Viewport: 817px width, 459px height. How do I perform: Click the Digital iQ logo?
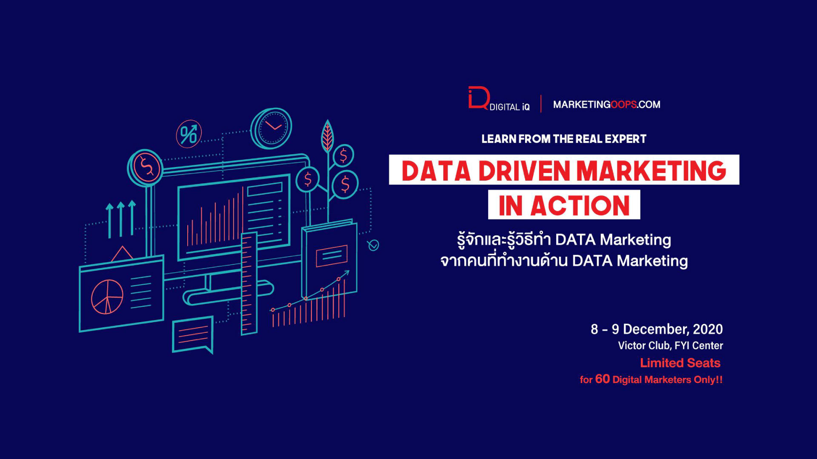pos(499,99)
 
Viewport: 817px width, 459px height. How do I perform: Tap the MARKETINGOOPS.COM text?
pos(606,105)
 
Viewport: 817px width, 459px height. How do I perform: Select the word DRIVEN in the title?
pos(524,171)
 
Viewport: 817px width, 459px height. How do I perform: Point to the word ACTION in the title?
pos(580,206)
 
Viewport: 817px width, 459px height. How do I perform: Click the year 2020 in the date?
pos(708,329)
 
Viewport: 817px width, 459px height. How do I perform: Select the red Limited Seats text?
pos(680,363)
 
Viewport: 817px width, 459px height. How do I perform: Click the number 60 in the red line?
pos(602,379)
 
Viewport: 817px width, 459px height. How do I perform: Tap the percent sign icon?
pos(189,134)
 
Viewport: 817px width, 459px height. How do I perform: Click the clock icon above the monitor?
pos(271,128)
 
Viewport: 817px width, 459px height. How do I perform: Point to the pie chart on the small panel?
pos(107,297)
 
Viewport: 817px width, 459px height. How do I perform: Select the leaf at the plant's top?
pos(327,136)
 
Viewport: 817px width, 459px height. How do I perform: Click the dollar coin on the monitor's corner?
pos(145,167)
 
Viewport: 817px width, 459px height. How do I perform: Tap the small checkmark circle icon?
pos(373,245)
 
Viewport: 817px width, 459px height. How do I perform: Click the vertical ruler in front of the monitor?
pos(249,284)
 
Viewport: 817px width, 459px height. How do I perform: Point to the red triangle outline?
pos(122,253)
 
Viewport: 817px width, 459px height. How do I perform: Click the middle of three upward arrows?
pos(121,219)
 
